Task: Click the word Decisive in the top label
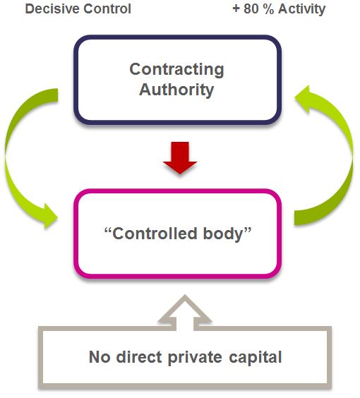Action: coord(52,9)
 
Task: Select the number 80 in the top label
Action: coord(251,9)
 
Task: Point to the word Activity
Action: coord(302,9)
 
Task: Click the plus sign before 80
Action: coord(236,9)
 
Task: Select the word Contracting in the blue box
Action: coord(176,69)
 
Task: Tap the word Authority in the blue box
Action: coord(176,90)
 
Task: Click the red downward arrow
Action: coord(180,158)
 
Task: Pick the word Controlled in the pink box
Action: coord(155,234)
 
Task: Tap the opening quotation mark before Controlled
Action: coord(108,230)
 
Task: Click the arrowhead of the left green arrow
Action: coord(50,216)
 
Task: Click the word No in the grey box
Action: coord(100,357)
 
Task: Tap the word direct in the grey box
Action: coord(139,357)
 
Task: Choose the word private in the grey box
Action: coord(195,358)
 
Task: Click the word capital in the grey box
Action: coord(255,358)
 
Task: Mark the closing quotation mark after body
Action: coord(248,230)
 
